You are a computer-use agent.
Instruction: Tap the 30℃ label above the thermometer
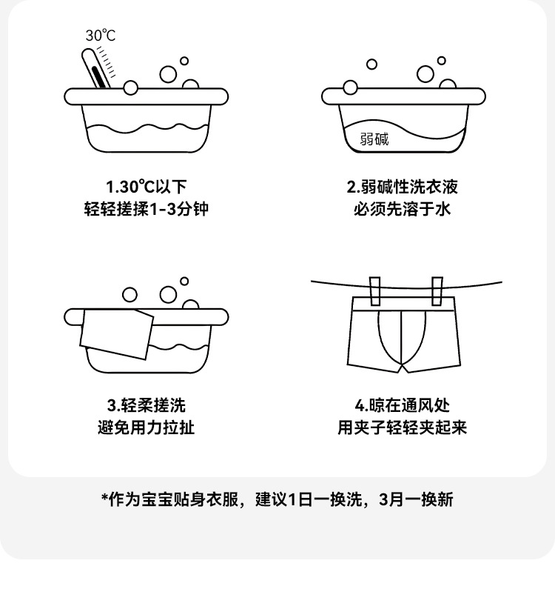(101, 35)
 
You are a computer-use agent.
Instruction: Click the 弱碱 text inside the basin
(374, 138)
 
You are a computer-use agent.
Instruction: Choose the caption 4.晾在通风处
(403, 405)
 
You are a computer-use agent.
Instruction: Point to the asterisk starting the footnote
(105, 499)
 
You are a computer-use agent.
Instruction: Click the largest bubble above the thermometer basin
(168, 75)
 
